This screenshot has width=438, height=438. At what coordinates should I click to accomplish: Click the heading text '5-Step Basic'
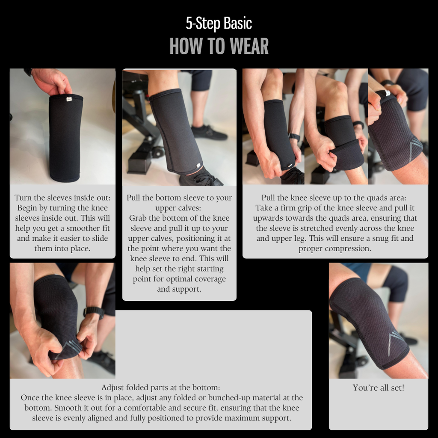(x=219, y=23)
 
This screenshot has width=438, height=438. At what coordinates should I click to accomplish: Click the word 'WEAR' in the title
(x=250, y=46)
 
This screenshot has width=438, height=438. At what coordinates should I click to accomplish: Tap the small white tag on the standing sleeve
(x=69, y=99)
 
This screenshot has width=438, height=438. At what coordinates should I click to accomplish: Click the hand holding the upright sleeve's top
(x=52, y=81)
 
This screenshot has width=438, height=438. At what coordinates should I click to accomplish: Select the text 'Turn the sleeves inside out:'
(x=62, y=198)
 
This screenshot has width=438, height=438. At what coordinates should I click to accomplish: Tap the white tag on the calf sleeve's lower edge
(x=198, y=166)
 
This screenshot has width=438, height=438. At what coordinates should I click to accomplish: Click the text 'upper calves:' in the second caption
(x=178, y=208)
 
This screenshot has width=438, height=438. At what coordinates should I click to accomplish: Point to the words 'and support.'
(x=179, y=289)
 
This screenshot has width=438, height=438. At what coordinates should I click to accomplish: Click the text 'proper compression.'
(x=335, y=249)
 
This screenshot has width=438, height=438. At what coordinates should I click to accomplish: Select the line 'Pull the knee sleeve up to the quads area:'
(x=334, y=198)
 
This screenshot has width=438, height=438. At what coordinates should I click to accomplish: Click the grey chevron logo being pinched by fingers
(x=69, y=349)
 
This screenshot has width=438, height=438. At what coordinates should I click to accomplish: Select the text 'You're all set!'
(x=379, y=388)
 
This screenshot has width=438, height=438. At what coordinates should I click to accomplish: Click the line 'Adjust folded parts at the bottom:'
(x=161, y=388)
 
